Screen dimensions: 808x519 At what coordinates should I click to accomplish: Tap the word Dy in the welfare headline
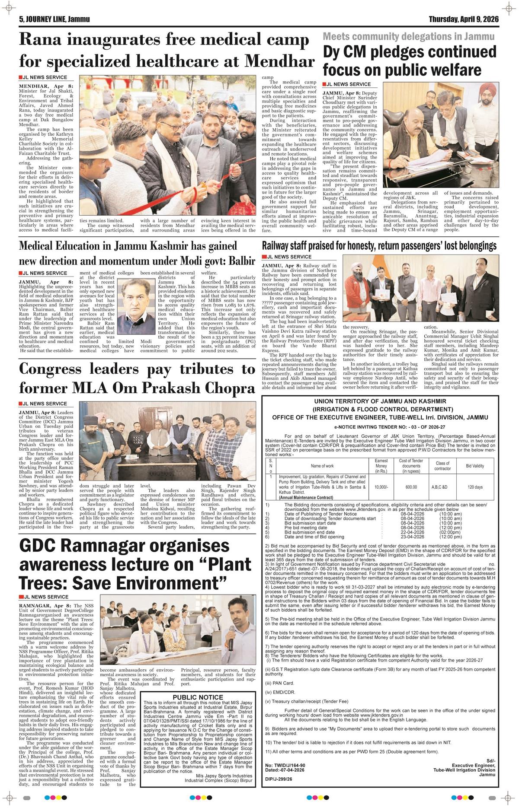click(x=333, y=52)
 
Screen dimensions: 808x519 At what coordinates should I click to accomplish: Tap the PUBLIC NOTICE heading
click(x=198, y=697)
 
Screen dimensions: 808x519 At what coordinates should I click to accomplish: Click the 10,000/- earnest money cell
click(x=381, y=487)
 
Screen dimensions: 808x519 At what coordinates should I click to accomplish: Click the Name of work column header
click(x=322, y=466)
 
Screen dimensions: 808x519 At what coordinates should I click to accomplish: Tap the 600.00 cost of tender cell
click(x=411, y=487)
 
